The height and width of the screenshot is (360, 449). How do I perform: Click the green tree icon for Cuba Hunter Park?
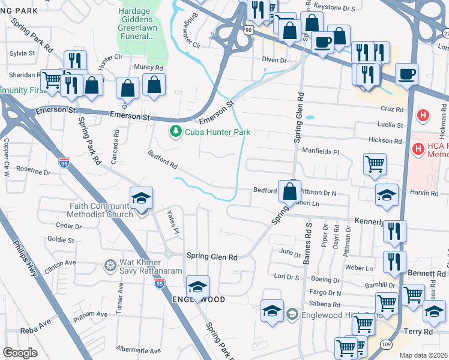(176, 131)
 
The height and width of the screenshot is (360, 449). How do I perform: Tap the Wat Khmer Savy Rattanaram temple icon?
(110, 265)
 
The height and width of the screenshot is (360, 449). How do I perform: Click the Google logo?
(20, 353)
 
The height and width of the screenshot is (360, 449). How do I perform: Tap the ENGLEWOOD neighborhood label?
(199, 299)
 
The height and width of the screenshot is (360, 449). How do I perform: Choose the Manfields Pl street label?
(321, 152)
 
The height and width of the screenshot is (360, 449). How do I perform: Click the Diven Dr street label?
(275, 60)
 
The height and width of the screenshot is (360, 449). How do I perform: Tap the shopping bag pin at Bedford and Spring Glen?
(289, 191)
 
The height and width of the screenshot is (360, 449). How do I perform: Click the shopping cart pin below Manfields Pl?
(375, 163)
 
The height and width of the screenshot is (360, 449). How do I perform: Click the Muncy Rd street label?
(148, 68)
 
